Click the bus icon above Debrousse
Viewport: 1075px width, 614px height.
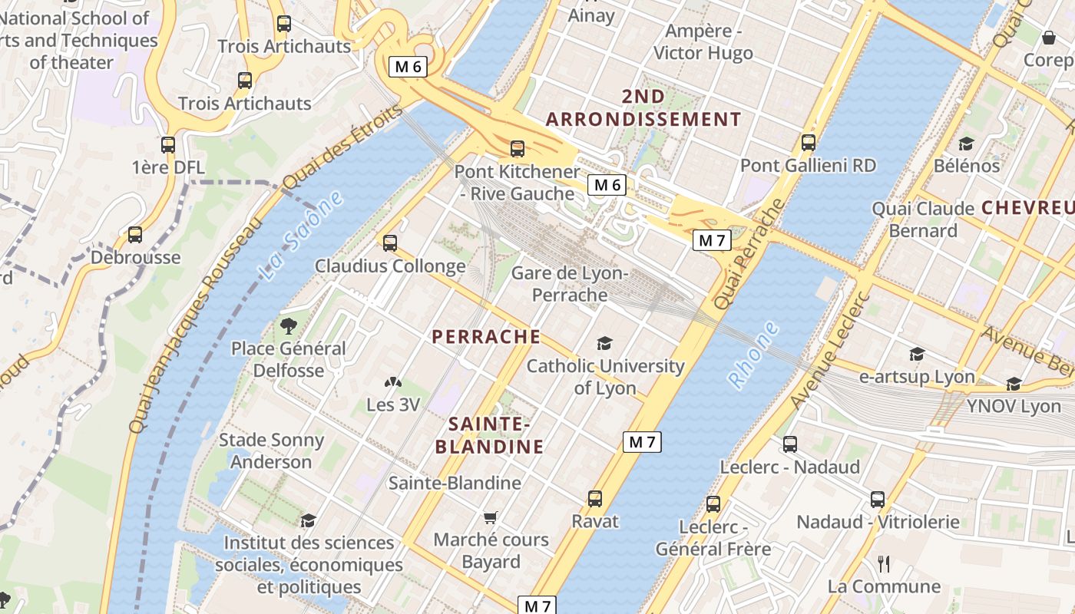pyautogui.click(x=135, y=235)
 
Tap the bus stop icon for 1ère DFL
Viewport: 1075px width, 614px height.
pyautogui.click(x=168, y=144)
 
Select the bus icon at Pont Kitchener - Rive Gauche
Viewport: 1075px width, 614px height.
pyautogui.click(x=518, y=149)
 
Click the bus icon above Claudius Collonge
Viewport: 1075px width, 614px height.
pyautogui.click(x=390, y=243)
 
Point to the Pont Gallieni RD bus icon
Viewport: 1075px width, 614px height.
pyautogui.click(x=808, y=143)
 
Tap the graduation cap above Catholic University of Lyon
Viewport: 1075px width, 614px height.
pyautogui.click(x=605, y=343)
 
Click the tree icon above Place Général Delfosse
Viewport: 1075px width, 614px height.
pyautogui.click(x=289, y=326)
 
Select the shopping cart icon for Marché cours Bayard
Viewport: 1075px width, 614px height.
pyautogui.click(x=491, y=517)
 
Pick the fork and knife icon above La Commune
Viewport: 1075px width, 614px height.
pyautogui.click(x=884, y=564)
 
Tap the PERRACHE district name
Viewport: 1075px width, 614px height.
pyautogui.click(x=486, y=337)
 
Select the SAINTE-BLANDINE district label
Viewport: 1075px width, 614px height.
pyautogui.click(x=489, y=435)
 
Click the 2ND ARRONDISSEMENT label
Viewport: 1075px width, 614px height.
pyautogui.click(x=643, y=107)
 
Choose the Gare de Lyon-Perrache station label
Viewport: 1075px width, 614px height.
pyautogui.click(x=570, y=284)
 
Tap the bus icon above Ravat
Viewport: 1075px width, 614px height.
pyautogui.click(x=595, y=499)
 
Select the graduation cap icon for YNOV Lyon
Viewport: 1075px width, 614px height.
pyautogui.click(x=1014, y=384)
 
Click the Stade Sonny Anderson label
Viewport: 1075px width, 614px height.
pyautogui.click(x=271, y=451)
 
